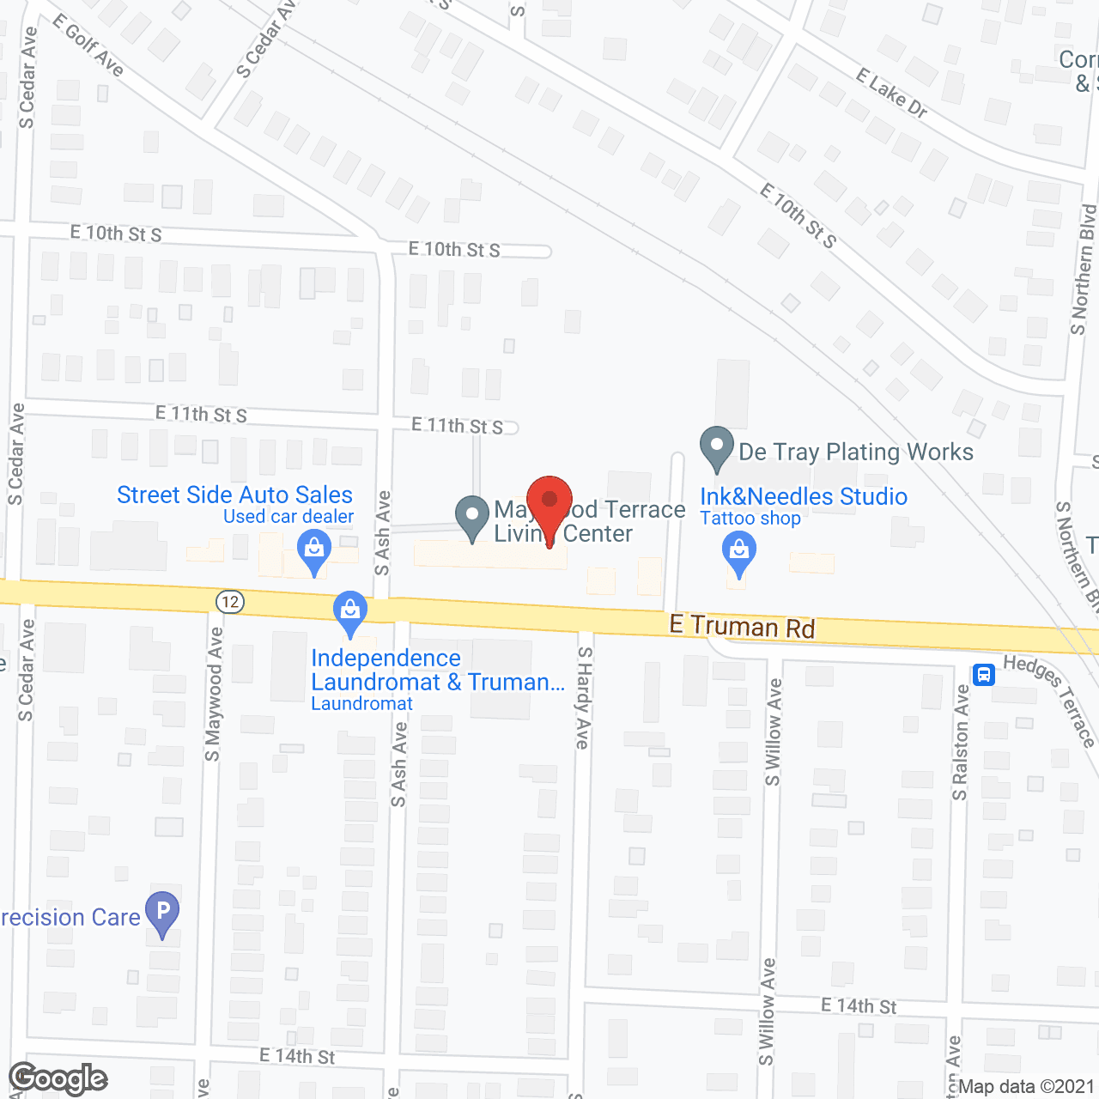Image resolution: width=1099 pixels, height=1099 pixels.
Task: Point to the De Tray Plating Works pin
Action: click(x=716, y=447)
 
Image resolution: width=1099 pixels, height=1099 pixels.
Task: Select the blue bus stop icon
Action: click(x=984, y=674)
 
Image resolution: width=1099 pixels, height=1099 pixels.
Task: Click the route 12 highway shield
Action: click(x=230, y=601)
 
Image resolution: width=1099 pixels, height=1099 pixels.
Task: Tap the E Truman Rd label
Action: click(x=742, y=627)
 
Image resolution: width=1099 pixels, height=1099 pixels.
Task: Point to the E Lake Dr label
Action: click(x=891, y=93)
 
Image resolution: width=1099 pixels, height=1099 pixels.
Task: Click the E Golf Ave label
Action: click(x=88, y=45)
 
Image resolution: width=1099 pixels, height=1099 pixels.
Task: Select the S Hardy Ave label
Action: click(x=584, y=697)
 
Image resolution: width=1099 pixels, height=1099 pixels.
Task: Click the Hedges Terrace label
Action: click(x=1050, y=699)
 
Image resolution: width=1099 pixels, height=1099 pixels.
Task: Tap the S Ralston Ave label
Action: click(x=960, y=744)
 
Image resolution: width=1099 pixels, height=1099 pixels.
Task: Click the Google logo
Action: click(x=58, y=1078)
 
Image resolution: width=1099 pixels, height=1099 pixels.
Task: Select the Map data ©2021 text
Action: click(x=1026, y=1087)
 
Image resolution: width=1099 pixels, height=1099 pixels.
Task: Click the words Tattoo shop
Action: click(x=750, y=519)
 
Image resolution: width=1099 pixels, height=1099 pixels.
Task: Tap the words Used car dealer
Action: click(x=288, y=517)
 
